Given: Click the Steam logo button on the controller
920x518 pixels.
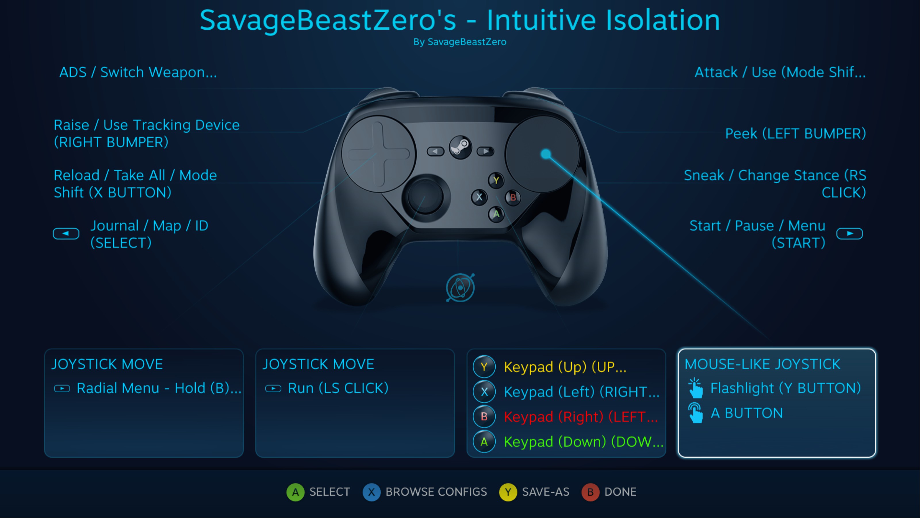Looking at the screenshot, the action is tap(460, 147).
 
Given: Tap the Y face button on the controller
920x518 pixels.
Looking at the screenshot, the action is tap(496, 180).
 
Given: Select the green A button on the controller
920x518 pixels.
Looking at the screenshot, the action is tap(496, 214).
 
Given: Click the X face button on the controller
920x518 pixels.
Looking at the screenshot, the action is tap(479, 197).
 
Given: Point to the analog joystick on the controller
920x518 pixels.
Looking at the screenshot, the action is tap(425, 196).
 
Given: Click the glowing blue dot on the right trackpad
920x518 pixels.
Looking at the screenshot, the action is tap(546, 154).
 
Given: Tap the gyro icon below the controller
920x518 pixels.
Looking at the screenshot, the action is tap(460, 287).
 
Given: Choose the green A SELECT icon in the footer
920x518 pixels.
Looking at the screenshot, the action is tap(295, 492).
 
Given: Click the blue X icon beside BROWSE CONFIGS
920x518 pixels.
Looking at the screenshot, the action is tap(371, 492).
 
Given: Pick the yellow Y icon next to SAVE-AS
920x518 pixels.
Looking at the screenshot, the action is tap(508, 492).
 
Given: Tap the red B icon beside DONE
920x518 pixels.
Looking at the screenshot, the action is tap(590, 492).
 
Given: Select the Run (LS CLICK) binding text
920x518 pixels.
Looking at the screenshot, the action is tap(338, 388).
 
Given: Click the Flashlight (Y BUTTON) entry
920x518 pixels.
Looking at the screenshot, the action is tap(785, 388).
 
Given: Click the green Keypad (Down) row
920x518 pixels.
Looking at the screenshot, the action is tap(568, 442).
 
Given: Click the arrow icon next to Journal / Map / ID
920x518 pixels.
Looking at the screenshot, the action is tap(66, 234).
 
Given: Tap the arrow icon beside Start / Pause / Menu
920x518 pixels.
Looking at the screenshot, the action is tap(850, 234).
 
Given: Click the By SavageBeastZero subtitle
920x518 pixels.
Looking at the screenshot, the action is tap(460, 42).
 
